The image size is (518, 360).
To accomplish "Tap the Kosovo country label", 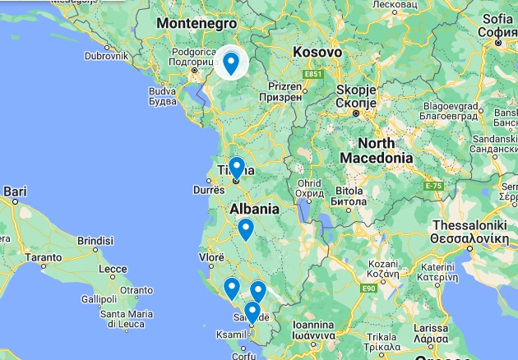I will pyautogui.click(x=317, y=51).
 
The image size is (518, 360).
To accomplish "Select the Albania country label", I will pyautogui.click(x=254, y=209).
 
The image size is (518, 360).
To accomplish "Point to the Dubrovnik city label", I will pyautogui.click(x=104, y=57).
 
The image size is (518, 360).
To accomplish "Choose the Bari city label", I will pyautogui.click(x=15, y=192).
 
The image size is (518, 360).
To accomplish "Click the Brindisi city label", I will pyautogui.click(x=94, y=241).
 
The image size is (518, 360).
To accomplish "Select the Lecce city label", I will pyautogui.click(x=112, y=268).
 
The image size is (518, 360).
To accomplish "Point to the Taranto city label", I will pyautogui.click(x=43, y=256).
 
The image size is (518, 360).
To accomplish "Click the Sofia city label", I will pyautogui.click(x=498, y=19).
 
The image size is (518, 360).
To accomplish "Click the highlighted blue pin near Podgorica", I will pyautogui.click(x=231, y=62).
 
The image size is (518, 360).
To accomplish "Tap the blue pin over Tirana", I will pyautogui.click(x=236, y=167).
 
